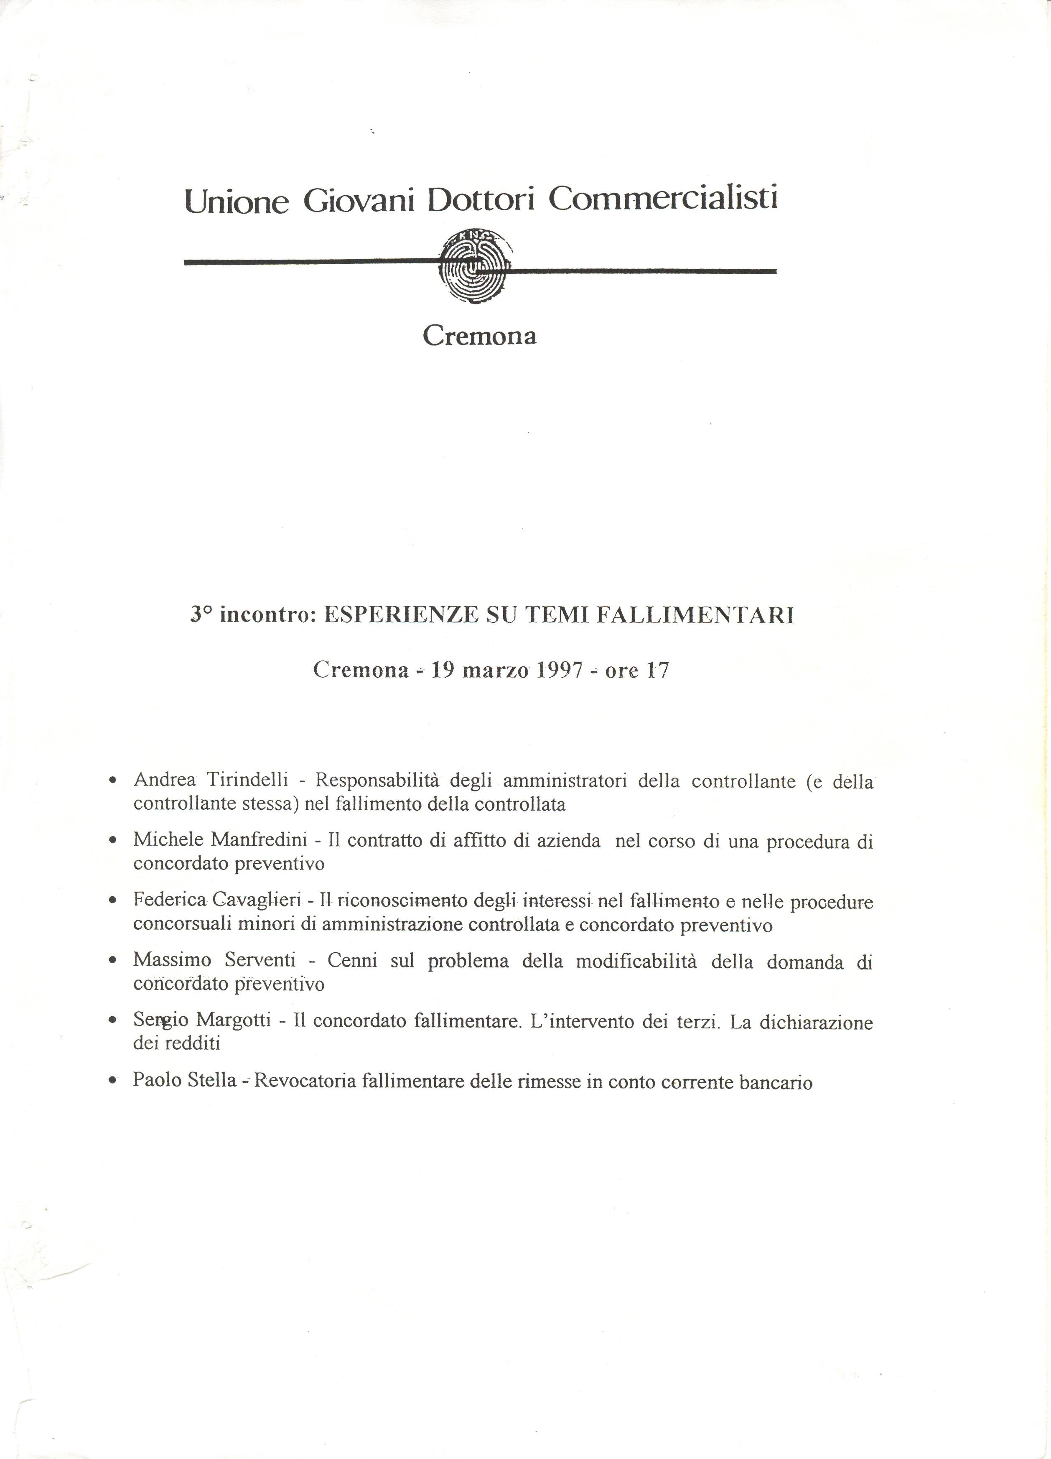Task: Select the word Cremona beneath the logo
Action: pos(479,336)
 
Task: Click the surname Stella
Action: pos(212,1080)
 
